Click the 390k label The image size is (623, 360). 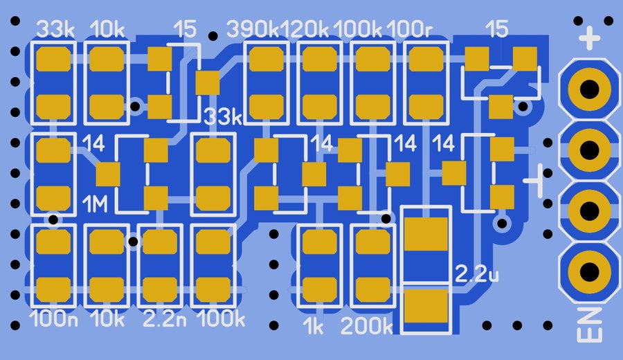pos(253,30)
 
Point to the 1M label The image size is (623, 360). pos(95,204)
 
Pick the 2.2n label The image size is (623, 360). pos(164,320)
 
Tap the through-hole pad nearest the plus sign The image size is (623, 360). pos(590,89)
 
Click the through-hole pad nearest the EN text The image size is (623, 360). pos(590,270)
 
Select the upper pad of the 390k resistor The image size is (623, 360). pos(266,60)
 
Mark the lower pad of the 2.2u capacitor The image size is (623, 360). pos(427,306)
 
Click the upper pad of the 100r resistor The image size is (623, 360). pos(426,60)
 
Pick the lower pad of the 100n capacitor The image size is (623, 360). pos(53,287)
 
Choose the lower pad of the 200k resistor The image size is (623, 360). pos(372,287)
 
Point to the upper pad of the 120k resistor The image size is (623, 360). pos(319,60)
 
